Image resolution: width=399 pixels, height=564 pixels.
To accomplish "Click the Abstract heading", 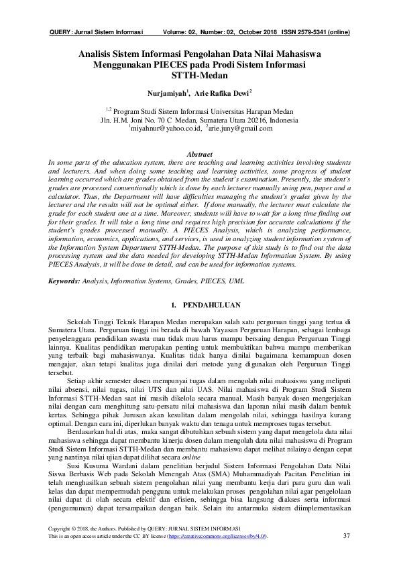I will [x=198, y=154].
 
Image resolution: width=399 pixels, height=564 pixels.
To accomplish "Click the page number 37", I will [x=347, y=535].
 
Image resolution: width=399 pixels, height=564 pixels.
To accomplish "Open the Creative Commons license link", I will [x=217, y=537].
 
